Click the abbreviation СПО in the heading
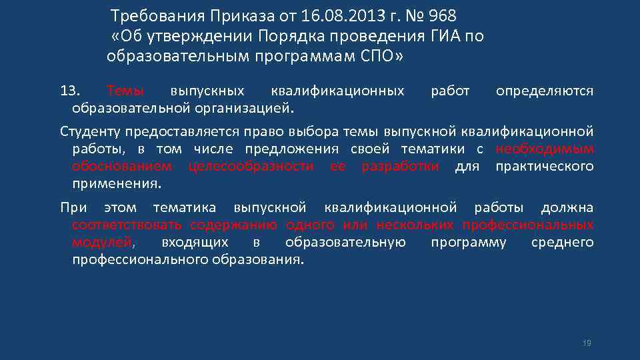pyautogui.click(x=379, y=57)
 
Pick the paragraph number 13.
pyautogui.click(x=70, y=91)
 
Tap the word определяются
pyautogui.click(x=544, y=91)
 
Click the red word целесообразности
pyautogui.click(x=251, y=165)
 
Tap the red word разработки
pyautogui.click(x=400, y=165)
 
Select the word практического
pyautogui.click(x=544, y=165)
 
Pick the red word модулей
pyautogui.click(x=101, y=241)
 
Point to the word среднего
pyautogui.click(x=562, y=241)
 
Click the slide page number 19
pyautogui.click(x=587, y=343)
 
